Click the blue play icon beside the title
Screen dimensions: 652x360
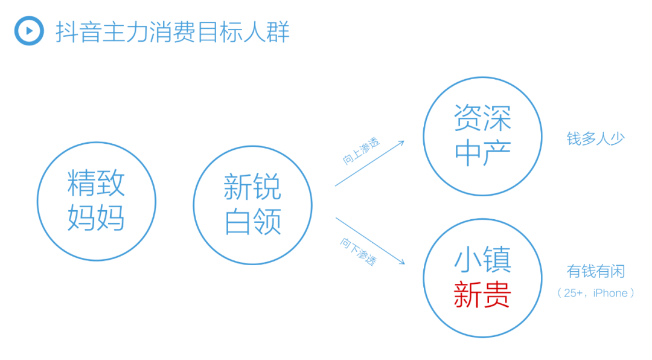tap(29, 30)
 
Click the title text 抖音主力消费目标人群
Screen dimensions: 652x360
tap(173, 31)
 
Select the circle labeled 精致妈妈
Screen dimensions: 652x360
tap(37, 201)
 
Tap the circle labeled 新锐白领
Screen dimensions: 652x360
tap(194, 205)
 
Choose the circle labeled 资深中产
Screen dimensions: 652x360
tap(424, 136)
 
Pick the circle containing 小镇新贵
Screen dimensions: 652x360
tap(424, 278)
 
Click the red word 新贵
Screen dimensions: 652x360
tap(482, 295)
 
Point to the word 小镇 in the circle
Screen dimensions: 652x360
tap(482, 259)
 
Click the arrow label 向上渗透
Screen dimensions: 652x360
tap(361, 150)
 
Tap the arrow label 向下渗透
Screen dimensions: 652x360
tap(359, 251)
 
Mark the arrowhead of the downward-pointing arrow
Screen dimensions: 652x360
tap(404, 263)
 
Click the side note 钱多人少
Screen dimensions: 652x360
tap(595, 138)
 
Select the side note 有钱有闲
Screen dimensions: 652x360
tap(595, 271)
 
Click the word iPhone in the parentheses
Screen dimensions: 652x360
tap(610, 293)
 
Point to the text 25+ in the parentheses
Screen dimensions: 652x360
tap(574, 293)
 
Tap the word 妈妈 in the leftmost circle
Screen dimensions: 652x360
tap(96, 217)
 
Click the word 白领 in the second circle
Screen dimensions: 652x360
tap(253, 222)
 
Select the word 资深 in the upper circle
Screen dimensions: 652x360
tap(482, 118)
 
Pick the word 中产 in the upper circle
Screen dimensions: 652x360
tap(482, 153)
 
